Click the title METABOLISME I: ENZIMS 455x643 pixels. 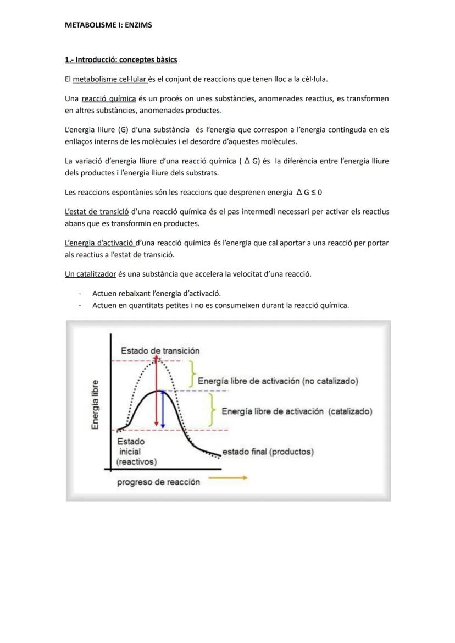[x=108, y=25]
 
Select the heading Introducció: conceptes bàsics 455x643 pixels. [x=121, y=59]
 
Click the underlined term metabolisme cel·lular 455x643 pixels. [x=110, y=79]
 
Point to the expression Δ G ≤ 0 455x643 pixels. [x=309, y=193]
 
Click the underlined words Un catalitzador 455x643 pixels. [x=90, y=274]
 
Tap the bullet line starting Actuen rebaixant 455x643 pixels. [x=157, y=293]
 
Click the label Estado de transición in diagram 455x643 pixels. [x=160, y=350]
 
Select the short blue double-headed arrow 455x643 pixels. [x=163, y=409]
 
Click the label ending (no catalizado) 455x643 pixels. [x=278, y=381]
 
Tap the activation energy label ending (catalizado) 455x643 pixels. [x=297, y=411]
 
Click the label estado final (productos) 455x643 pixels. [x=268, y=452]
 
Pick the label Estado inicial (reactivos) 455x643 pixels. [x=136, y=452]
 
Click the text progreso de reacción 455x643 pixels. [x=158, y=482]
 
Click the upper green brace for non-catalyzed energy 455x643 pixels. [x=192, y=375]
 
